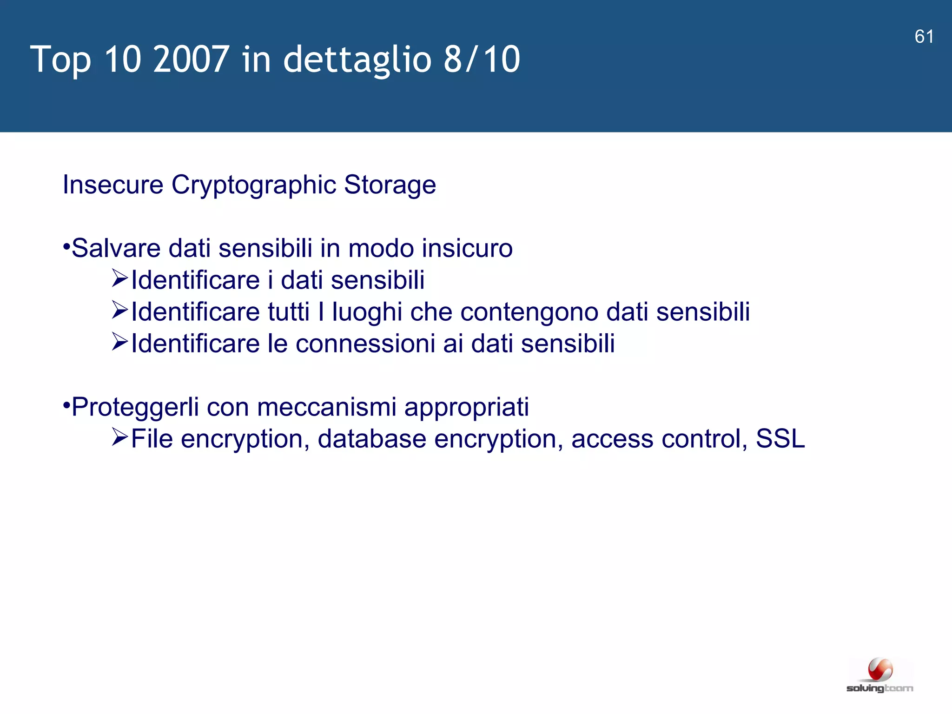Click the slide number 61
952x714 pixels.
pos(924,37)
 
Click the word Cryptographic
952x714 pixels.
pos(254,185)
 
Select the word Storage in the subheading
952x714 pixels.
pos(390,185)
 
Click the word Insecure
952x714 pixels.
pos(113,185)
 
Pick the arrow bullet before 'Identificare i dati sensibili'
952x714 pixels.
pos(119,278)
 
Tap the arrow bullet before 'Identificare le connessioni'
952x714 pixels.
pos(119,342)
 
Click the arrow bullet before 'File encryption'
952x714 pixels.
pos(119,437)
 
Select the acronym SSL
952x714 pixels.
pos(780,439)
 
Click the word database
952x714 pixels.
pos(372,439)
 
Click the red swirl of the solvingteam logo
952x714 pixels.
pos(880,670)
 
